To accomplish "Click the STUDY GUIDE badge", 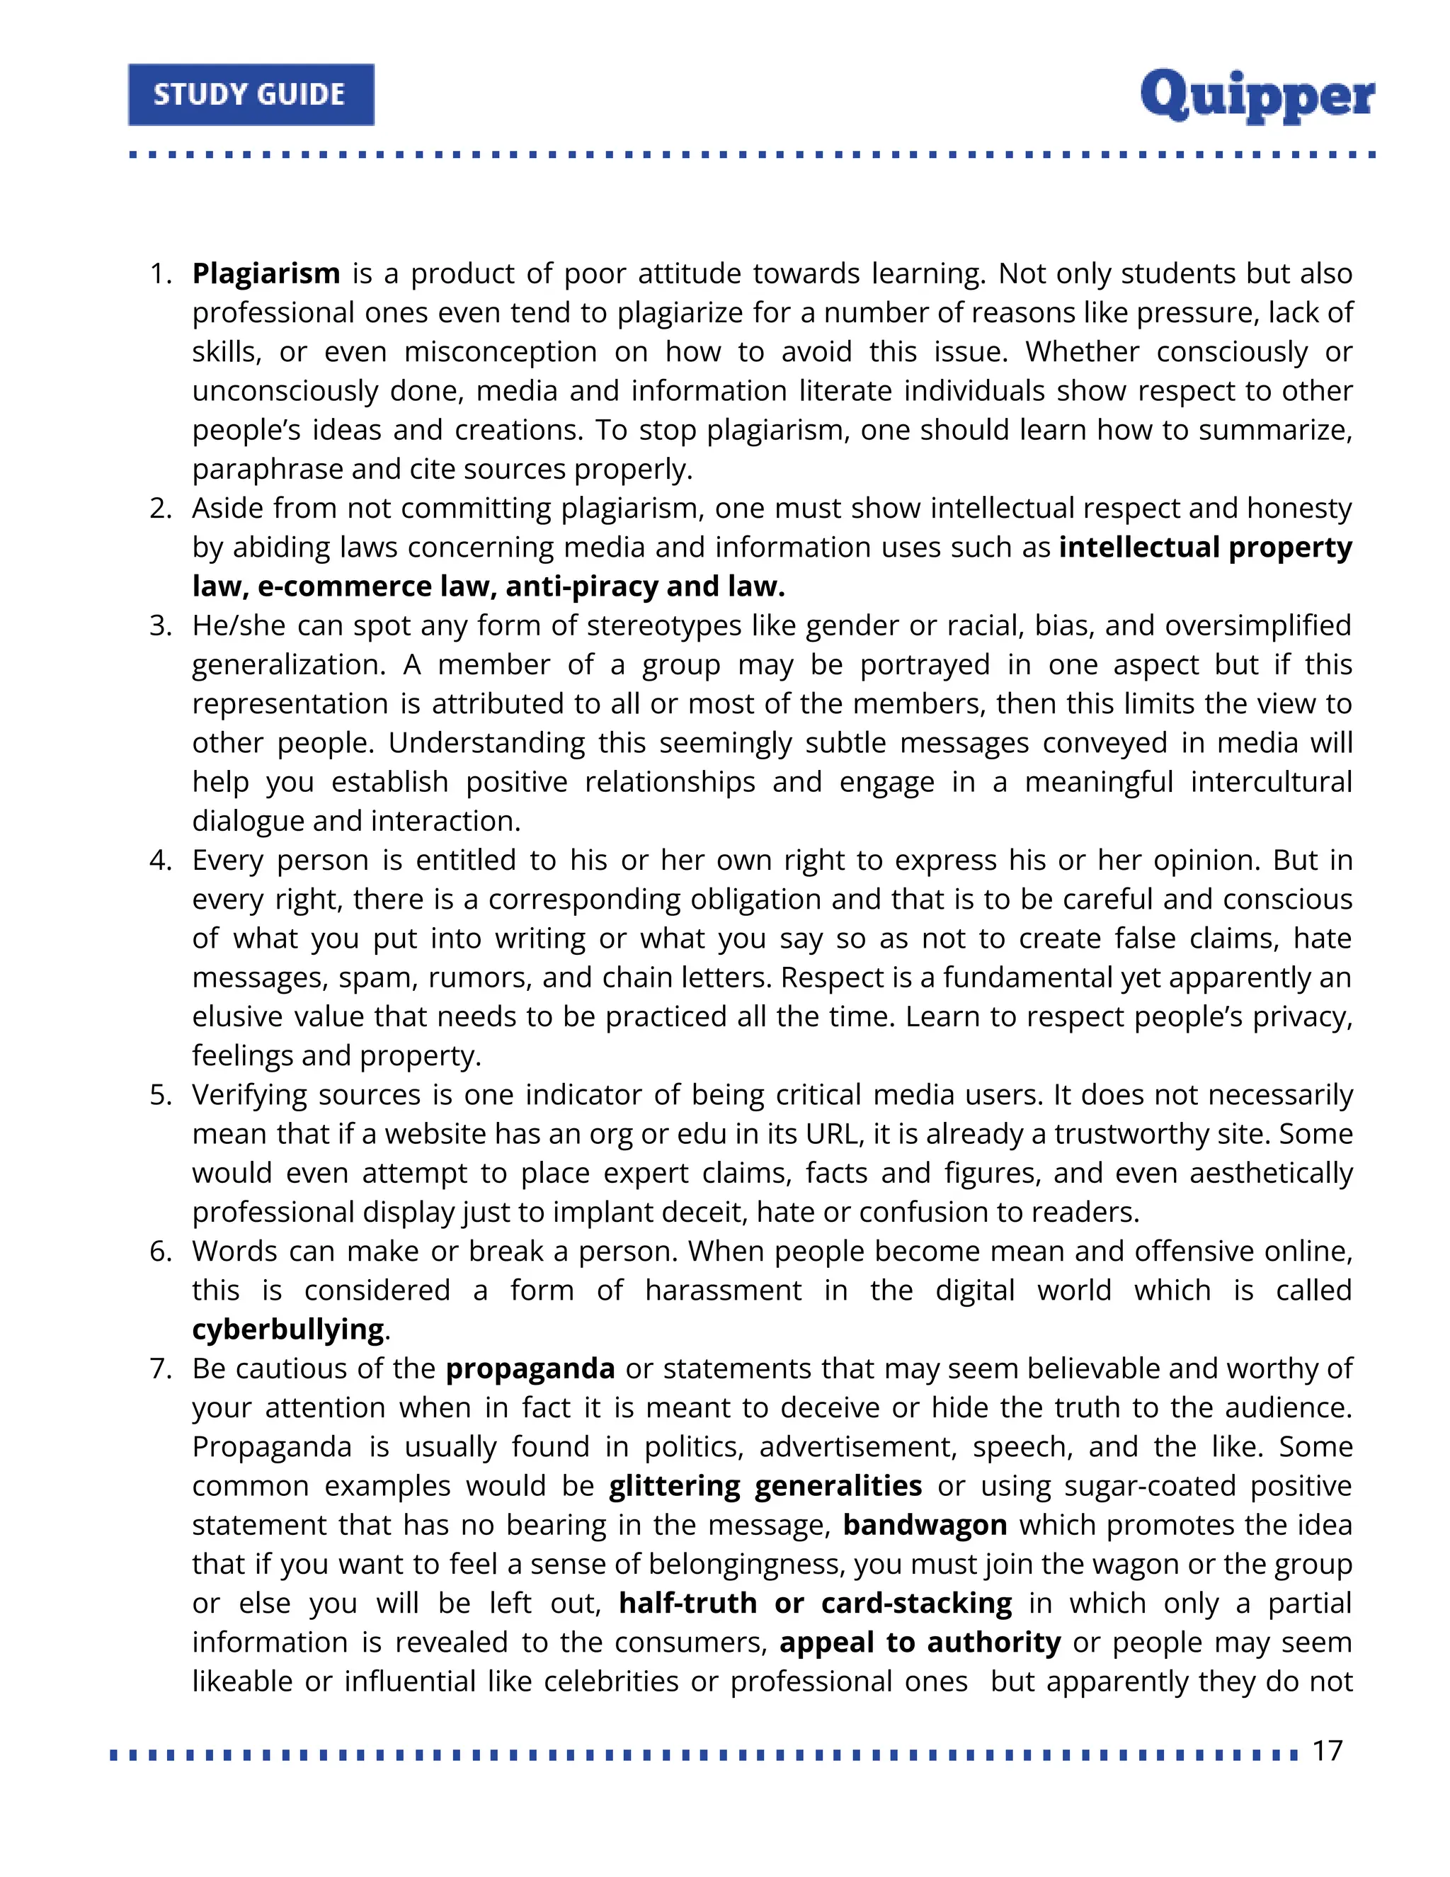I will coord(251,94).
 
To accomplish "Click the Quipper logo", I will coord(1257,96).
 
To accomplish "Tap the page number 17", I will coord(1328,1751).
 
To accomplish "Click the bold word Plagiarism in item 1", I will coord(266,273).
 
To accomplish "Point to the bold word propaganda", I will coord(530,1368).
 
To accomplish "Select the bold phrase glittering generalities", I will coord(765,1486).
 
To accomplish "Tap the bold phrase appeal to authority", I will coord(920,1643).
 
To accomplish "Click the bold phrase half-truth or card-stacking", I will coord(815,1603).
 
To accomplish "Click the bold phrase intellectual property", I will coord(1205,548).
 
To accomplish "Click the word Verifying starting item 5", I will coord(249,1096).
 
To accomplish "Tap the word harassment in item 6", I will coord(724,1291).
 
